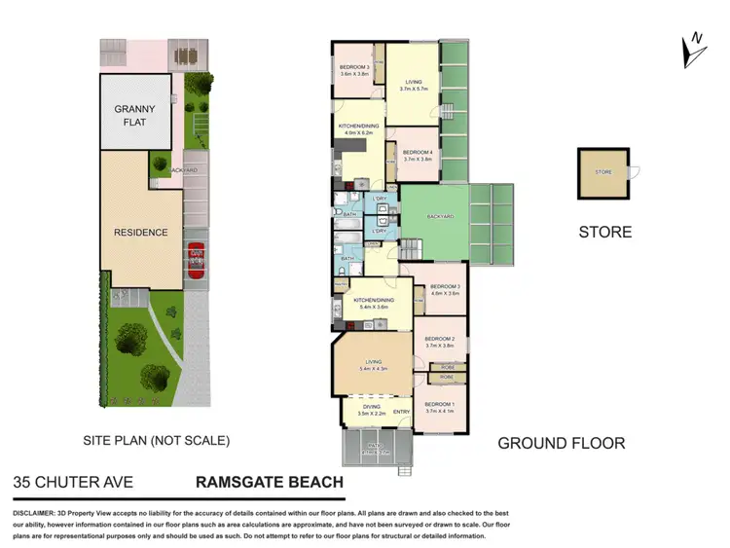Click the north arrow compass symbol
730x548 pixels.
coord(693,50)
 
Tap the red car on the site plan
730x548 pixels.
coord(196,265)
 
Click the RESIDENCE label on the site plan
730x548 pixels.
coord(140,233)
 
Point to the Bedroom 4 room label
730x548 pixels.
coord(418,155)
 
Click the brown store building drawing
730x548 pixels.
coord(603,173)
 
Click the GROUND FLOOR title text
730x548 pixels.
coord(561,444)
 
